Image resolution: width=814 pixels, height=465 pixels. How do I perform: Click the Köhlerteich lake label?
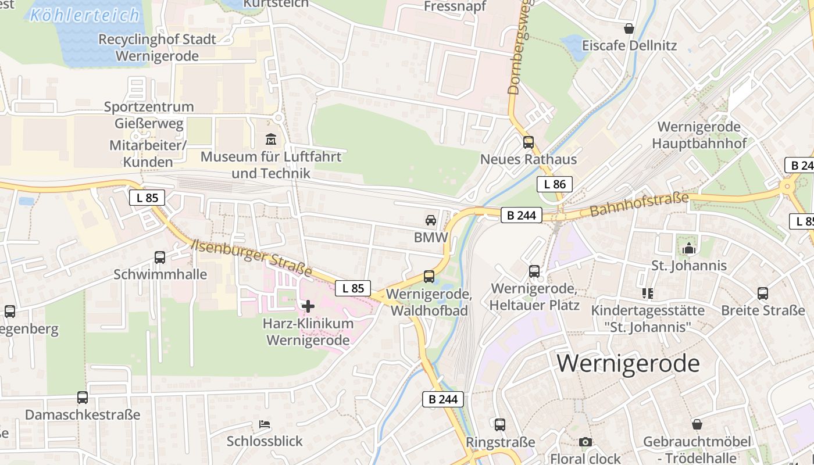[x=84, y=15]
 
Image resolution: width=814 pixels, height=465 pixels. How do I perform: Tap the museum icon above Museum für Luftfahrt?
[x=271, y=139]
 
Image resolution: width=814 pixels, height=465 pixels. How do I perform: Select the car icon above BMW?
[x=430, y=220]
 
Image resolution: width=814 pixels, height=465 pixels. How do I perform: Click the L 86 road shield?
[x=554, y=185]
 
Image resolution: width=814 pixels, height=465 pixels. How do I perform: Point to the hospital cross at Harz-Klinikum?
[x=308, y=306]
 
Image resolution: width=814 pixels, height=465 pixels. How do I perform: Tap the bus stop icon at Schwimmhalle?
[x=160, y=257]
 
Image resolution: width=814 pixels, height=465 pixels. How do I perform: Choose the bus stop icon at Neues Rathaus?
[x=528, y=142]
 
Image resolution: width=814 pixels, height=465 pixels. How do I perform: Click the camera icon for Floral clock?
[x=585, y=442]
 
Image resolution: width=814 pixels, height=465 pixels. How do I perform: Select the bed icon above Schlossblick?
[x=265, y=424]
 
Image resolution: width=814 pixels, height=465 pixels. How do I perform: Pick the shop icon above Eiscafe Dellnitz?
[x=629, y=28]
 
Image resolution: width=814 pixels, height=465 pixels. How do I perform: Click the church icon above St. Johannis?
[x=689, y=248]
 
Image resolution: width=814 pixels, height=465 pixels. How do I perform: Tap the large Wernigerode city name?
[x=628, y=363]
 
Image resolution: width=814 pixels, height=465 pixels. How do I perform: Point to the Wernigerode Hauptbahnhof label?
[x=699, y=135]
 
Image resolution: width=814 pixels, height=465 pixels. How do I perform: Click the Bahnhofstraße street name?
[x=639, y=205]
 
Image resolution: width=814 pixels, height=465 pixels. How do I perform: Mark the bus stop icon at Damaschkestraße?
[x=83, y=398]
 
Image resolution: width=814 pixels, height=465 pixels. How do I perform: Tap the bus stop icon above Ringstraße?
[x=500, y=425]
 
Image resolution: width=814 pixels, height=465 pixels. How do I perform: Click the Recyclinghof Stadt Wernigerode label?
[x=157, y=48]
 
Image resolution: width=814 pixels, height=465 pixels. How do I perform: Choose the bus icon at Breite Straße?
[x=763, y=294]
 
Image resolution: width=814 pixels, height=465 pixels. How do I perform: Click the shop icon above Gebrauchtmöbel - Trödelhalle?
[x=697, y=425]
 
